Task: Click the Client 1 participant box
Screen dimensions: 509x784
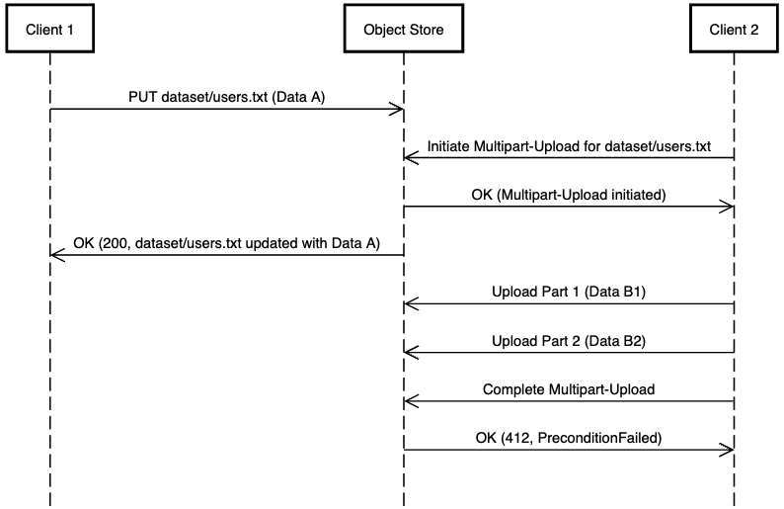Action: [x=49, y=30]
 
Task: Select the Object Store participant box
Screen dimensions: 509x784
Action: [x=403, y=30]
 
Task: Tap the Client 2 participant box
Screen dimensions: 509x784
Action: [x=734, y=30]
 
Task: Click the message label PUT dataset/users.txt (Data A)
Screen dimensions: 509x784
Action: [x=226, y=98]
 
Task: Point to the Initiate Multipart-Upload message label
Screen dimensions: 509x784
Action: [x=569, y=146]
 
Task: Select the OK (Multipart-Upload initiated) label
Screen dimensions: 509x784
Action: [x=569, y=195]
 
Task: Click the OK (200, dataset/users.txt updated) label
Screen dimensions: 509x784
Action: [x=226, y=243]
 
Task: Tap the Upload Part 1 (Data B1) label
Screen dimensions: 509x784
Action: [x=569, y=292]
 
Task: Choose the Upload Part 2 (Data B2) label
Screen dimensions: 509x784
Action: [x=569, y=340]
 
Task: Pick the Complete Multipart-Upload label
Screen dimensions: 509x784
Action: [x=569, y=389]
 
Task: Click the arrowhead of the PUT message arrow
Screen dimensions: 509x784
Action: [x=397, y=109]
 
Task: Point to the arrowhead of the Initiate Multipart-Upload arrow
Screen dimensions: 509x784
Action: [x=410, y=157]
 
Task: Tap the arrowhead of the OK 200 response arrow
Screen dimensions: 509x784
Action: [x=56, y=255]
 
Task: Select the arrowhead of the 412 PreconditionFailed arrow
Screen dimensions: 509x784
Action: [x=728, y=450]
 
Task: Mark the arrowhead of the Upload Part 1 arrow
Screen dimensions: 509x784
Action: [x=410, y=303]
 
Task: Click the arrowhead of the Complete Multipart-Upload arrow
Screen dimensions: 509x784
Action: [x=410, y=400]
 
